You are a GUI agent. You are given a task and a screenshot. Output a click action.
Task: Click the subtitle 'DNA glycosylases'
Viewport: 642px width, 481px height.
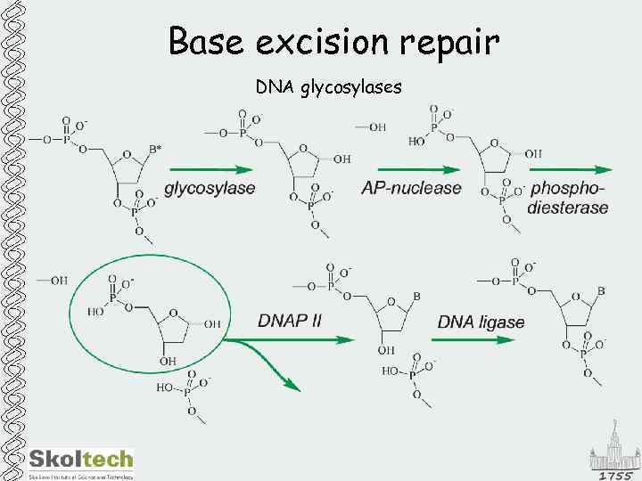click(x=328, y=88)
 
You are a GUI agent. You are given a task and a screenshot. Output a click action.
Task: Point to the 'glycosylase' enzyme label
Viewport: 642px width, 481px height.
click(x=210, y=188)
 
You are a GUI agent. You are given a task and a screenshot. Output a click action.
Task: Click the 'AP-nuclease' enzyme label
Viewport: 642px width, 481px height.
click(x=411, y=188)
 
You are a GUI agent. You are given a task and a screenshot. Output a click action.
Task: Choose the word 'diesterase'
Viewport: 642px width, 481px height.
click(x=568, y=208)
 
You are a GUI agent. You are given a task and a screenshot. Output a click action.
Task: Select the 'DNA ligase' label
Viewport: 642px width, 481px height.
click(x=481, y=322)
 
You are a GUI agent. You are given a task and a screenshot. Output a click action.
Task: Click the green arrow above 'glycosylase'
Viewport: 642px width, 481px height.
click(x=210, y=168)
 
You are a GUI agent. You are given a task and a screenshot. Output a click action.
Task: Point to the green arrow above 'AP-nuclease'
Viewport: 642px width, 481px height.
click(x=417, y=168)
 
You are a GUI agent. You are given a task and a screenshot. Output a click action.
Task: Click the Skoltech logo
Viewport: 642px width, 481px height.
click(x=80, y=461)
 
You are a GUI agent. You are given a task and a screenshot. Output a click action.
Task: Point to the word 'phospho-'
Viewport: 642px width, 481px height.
click(x=567, y=188)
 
